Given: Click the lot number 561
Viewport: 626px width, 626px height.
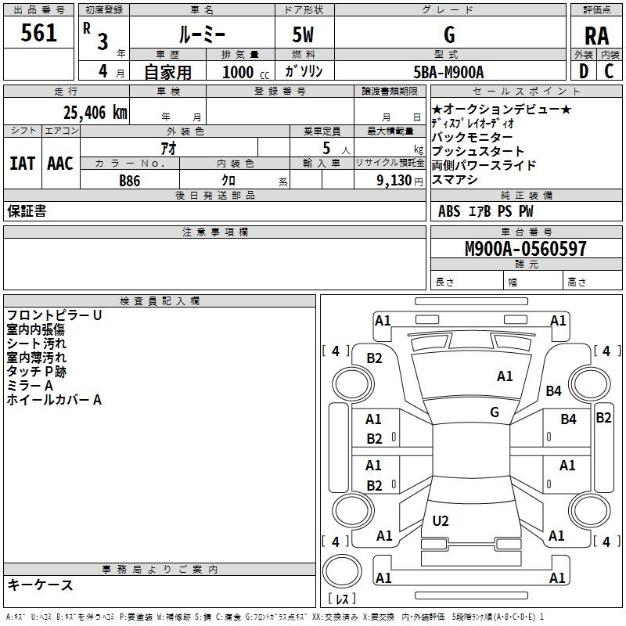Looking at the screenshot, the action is tap(38, 33).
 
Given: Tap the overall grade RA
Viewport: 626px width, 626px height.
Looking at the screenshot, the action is tap(596, 36).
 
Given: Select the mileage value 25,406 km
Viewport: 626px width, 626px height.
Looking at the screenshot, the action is tap(95, 113).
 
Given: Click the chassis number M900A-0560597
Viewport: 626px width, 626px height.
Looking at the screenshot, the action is tap(526, 249).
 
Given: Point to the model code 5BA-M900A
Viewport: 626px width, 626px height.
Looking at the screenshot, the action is tap(448, 72).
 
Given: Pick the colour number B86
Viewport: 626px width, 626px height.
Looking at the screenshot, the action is tap(130, 181).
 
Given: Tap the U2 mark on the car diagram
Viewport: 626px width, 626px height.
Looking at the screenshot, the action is tap(441, 520).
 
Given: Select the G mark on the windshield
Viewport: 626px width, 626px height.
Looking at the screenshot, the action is tap(495, 412).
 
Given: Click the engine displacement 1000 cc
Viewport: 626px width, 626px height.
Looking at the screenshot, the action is tap(246, 73).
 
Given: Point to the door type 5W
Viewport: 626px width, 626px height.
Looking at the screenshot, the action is tap(303, 34).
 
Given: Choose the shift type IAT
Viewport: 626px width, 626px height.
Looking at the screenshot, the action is tap(23, 164).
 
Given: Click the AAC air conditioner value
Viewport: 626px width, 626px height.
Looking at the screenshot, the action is tap(60, 164).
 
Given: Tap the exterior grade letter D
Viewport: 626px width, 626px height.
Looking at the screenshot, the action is tap(584, 71).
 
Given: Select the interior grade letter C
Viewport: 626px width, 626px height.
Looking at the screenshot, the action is tap(609, 71).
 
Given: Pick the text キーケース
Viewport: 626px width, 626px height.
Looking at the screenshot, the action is tap(40, 585).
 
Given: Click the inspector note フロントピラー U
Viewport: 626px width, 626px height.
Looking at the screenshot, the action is tap(54, 315).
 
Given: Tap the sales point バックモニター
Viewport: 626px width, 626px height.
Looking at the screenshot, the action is tap(472, 138).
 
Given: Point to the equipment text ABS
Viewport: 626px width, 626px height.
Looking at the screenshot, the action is tap(448, 211).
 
